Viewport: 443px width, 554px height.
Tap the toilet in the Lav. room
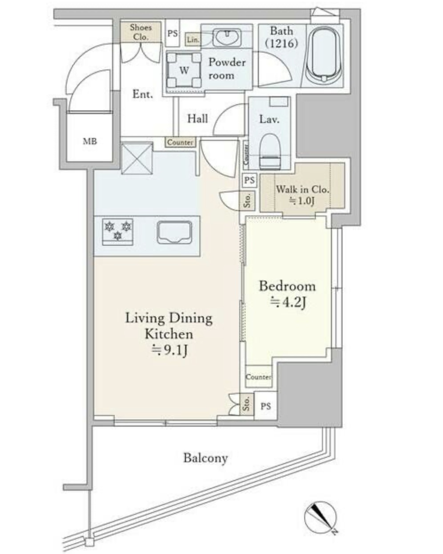point(270,151)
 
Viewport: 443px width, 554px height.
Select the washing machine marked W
point(184,70)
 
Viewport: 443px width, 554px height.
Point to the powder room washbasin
point(226,37)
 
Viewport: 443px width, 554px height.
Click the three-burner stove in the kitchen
point(118,232)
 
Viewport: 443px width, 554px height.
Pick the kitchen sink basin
point(174,232)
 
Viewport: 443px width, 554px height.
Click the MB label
point(90,141)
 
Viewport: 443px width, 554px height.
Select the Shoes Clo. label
point(141,32)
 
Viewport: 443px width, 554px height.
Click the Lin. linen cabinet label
point(193,40)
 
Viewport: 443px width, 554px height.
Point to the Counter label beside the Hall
point(180,142)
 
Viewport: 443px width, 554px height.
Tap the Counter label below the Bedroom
point(258,377)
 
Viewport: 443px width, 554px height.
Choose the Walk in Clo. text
point(302,189)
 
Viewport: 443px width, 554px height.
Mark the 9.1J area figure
point(169,350)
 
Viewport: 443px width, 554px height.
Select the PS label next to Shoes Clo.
point(173,33)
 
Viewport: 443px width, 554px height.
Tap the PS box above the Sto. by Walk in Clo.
point(249,180)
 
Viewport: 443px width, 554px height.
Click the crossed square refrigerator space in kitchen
point(137,159)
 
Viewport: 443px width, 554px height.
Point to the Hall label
point(197,118)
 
